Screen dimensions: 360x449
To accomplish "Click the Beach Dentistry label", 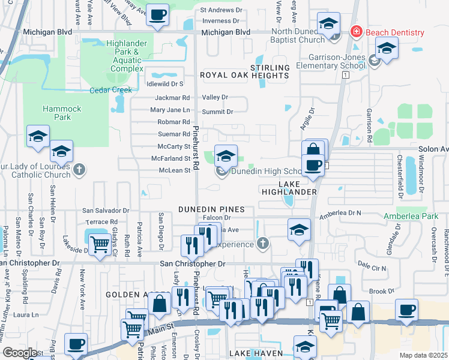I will coord(395,32).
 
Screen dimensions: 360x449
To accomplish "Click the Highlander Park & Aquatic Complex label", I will coord(127,56).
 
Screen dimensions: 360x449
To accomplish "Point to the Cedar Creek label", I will coord(110,90).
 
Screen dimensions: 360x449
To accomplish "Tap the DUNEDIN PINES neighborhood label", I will coord(211,209).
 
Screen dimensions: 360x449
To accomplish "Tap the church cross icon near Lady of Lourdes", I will coord(78,170).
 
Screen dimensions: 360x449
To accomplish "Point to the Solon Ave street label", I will coord(436,149).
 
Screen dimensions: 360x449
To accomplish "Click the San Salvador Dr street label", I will coord(106,211).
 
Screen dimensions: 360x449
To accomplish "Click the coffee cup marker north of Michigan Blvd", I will coord(158,15).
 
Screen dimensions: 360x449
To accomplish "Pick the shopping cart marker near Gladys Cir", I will coord(99,243).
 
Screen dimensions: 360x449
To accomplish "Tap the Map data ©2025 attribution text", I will coord(424,355).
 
